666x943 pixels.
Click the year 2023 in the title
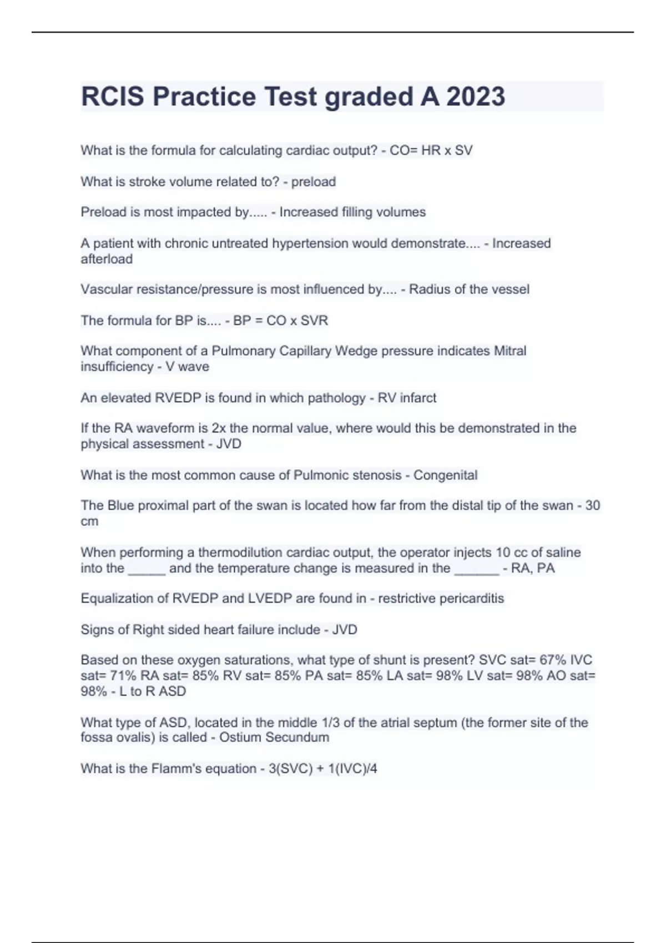pos(476,97)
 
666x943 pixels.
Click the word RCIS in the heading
pos(113,97)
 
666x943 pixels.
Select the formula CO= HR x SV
pos(431,150)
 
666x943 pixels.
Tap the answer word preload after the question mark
pos(314,181)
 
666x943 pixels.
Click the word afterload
pos(107,259)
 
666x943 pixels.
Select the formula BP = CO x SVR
pos(280,320)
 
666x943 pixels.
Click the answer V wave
pos(187,367)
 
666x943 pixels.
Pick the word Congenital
pos(445,475)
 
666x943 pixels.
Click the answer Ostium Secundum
pos(274,737)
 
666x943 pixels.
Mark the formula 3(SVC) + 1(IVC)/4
pos(323,768)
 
